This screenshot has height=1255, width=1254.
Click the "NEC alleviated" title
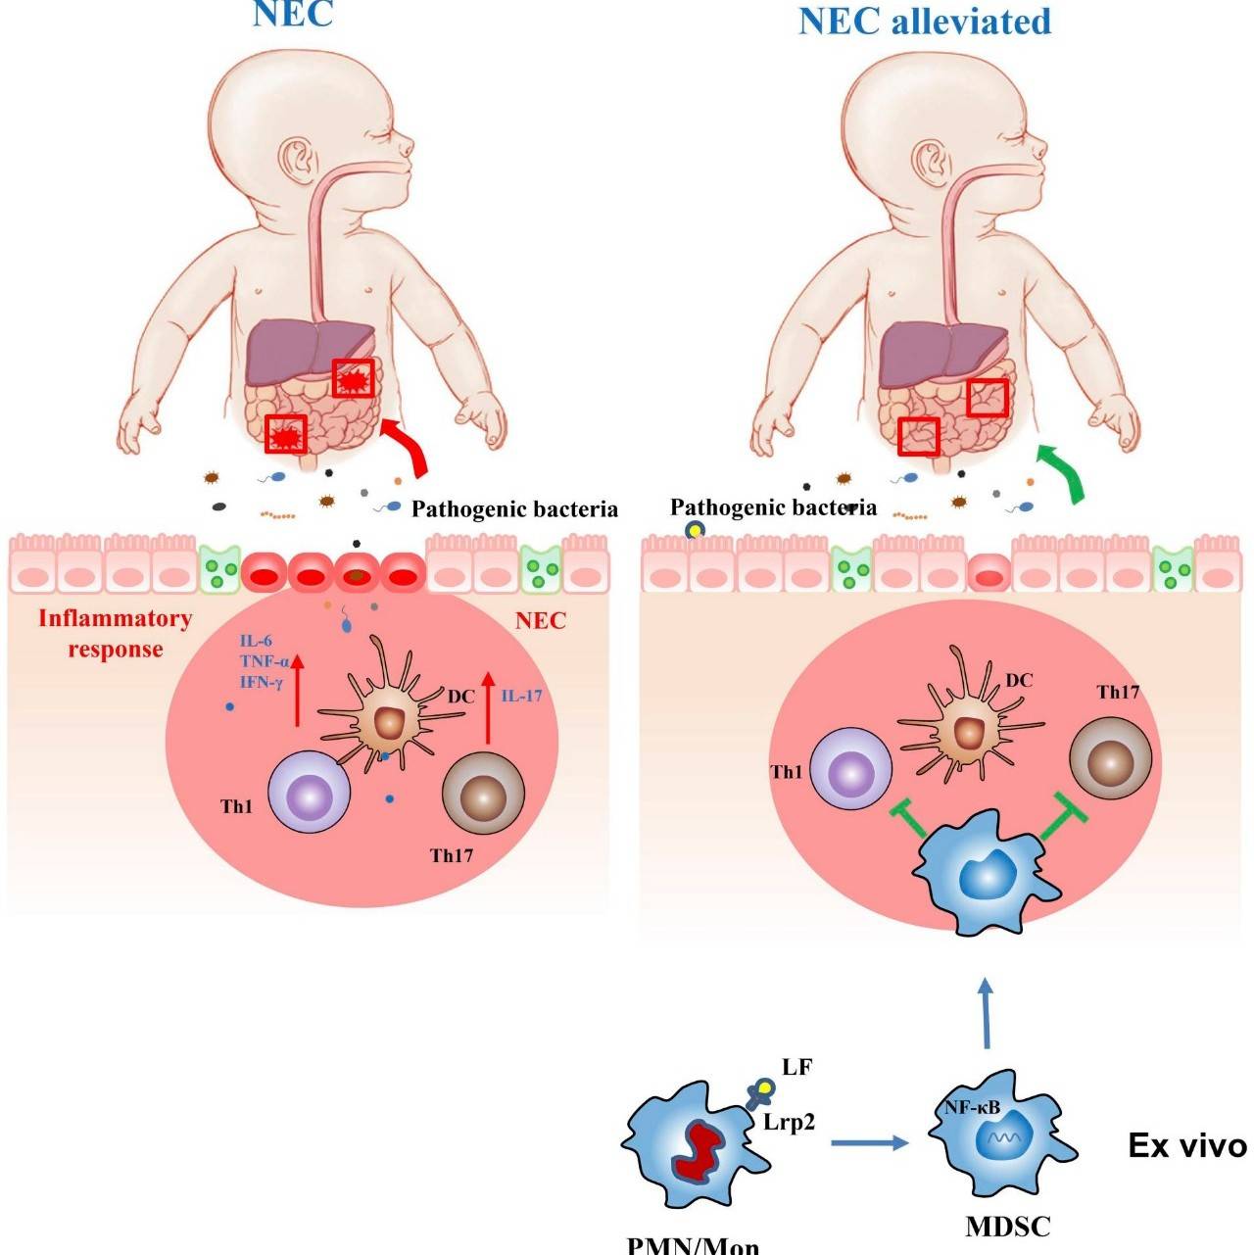point(924,21)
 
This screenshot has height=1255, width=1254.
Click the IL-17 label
point(522,696)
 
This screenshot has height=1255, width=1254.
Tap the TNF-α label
point(262,661)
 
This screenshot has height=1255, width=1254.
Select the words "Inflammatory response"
point(115,634)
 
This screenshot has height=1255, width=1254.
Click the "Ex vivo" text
point(1186,1146)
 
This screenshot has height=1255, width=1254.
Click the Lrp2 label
point(789,1123)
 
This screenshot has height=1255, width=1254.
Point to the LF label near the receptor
point(796,1067)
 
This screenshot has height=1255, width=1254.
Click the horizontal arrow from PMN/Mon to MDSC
point(868,1142)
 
